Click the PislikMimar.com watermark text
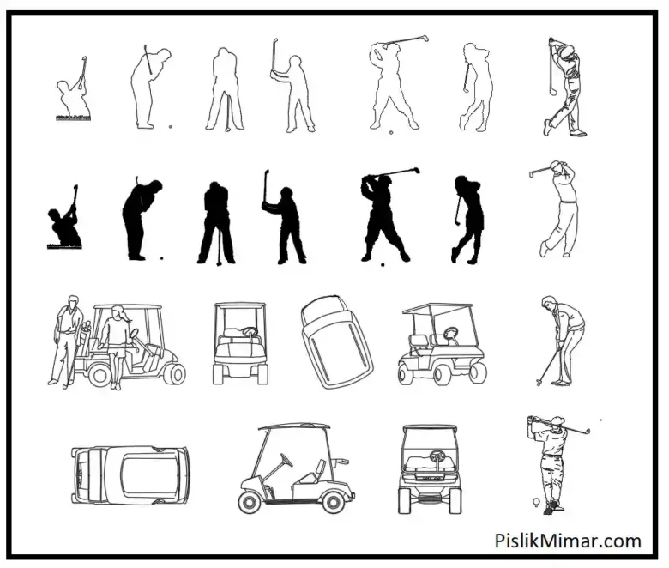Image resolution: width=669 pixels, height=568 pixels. click(x=568, y=541)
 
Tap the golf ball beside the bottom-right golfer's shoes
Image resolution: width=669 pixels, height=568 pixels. click(x=536, y=501)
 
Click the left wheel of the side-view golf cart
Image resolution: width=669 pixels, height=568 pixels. click(x=250, y=502)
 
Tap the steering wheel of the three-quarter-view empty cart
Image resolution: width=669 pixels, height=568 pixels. click(x=451, y=332)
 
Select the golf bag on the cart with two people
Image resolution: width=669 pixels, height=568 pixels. click(x=85, y=336)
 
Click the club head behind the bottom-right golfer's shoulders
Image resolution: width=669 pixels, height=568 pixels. click(x=588, y=432)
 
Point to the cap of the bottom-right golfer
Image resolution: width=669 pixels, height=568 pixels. click(x=557, y=421)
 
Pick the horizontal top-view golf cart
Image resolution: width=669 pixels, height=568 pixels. click(x=130, y=475)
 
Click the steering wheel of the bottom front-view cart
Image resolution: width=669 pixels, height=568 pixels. click(x=436, y=455)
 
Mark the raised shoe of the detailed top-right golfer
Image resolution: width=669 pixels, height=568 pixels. click(x=546, y=128)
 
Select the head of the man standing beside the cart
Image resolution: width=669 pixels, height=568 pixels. click(x=73, y=302)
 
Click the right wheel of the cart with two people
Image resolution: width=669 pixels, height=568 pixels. click(x=175, y=373)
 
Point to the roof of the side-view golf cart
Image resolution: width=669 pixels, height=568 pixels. click(x=294, y=426)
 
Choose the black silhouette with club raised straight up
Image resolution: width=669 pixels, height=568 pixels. click(x=284, y=217)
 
